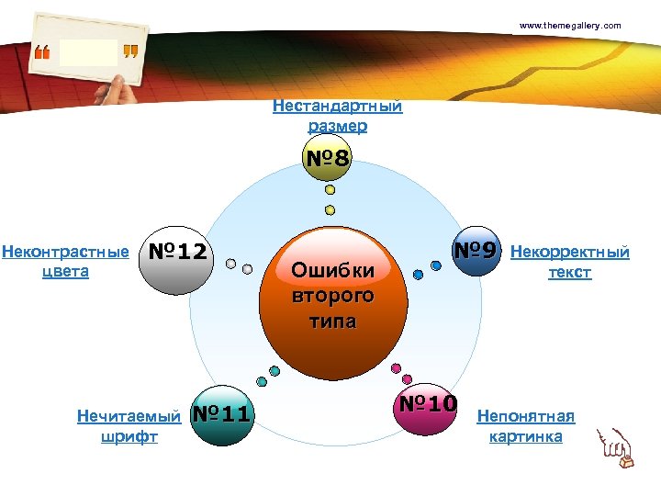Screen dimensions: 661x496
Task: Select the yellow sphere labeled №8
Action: [x=329, y=159]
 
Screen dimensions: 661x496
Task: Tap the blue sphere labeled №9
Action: [x=477, y=250]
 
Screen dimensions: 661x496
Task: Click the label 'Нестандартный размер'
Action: [x=337, y=116]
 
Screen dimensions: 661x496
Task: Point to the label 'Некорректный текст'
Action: [x=569, y=262]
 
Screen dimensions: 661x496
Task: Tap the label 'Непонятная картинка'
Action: [x=526, y=427]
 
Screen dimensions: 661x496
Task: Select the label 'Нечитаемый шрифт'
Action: [x=129, y=426]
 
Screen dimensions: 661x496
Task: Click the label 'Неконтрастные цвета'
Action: [x=65, y=261]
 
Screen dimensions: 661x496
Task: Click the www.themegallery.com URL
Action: [x=570, y=26]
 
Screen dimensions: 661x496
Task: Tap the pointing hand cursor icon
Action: [x=614, y=447]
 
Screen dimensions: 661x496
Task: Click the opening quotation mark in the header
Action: [x=42, y=52]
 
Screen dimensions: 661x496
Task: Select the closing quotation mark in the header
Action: [x=130, y=52]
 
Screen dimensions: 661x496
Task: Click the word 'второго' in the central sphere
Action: [x=332, y=296]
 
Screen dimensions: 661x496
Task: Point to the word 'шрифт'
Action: [x=129, y=437]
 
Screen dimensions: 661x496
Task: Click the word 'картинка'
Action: [x=526, y=437]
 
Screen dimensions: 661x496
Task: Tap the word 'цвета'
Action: [x=65, y=272]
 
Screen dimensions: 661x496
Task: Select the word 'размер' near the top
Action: [x=337, y=126]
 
